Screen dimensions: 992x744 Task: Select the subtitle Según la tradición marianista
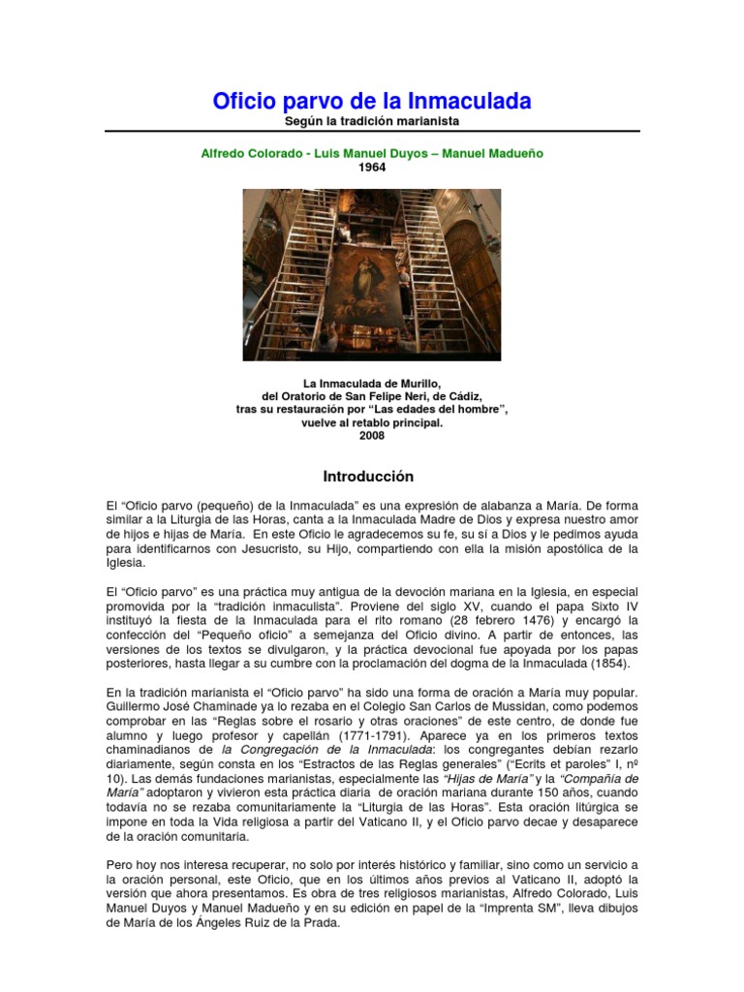pyautogui.click(x=371, y=121)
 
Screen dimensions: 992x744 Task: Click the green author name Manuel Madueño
pyautogui.click(x=489, y=153)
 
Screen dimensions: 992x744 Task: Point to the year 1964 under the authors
pyautogui.click(x=372, y=167)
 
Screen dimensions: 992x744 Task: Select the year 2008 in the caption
pyautogui.click(x=372, y=436)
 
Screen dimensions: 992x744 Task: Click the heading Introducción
pyautogui.click(x=368, y=477)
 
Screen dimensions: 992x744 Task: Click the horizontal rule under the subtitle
pyautogui.click(x=371, y=132)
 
